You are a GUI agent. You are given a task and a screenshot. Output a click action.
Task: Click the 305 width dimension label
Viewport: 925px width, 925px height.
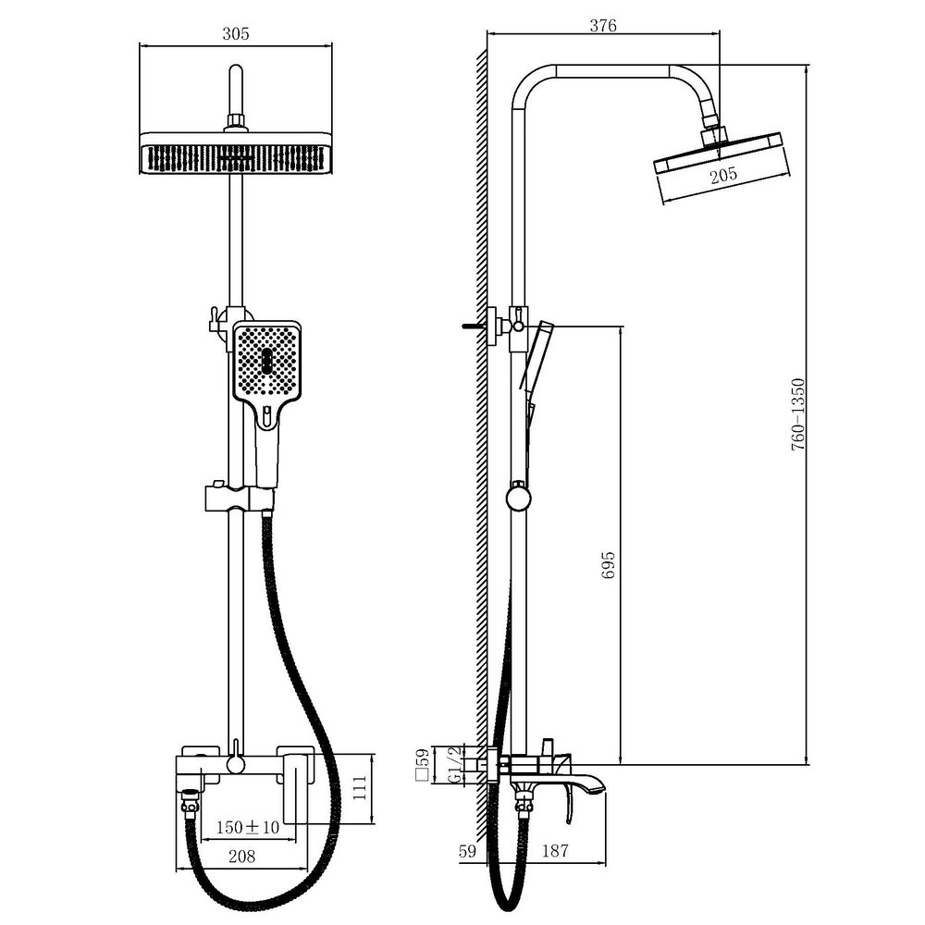(x=235, y=33)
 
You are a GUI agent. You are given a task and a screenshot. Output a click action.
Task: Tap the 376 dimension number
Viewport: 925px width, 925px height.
(x=603, y=25)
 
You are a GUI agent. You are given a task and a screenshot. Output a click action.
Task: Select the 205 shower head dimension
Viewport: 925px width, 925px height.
(x=723, y=175)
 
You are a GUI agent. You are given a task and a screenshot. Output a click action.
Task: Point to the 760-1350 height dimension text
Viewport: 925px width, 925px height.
(x=797, y=415)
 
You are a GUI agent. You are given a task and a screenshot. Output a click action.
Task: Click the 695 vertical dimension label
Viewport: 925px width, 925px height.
(x=609, y=565)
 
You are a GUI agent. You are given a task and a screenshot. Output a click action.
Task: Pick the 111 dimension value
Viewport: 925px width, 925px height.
(x=359, y=787)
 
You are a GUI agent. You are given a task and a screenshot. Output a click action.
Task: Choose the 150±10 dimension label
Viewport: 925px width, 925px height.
(x=248, y=827)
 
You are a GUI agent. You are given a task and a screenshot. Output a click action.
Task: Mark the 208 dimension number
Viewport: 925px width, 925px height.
(x=241, y=856)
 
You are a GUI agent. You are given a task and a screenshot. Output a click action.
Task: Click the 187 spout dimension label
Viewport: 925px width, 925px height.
(x=555, y=850)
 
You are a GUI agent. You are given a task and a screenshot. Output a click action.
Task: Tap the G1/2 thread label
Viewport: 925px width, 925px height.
(x=454, y=766)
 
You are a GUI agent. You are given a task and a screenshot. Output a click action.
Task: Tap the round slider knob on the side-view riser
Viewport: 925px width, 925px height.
(x=519, y=497)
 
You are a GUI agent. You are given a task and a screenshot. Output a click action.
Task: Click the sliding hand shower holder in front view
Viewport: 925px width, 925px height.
(x=240, y=498)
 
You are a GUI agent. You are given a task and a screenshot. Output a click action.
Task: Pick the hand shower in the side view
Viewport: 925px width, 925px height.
(x=536, y=355)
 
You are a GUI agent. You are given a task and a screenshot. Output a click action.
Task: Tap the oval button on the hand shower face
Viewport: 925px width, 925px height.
(x=266, y=361)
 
